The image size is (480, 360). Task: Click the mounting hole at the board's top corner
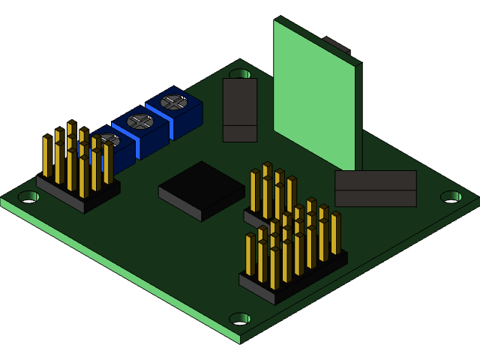[240, 74]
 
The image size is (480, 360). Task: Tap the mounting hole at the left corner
[28, 196]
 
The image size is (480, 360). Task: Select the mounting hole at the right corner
[451, 196]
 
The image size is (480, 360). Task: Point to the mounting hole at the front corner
[240, 319]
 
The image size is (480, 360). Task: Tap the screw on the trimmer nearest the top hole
[174, 101]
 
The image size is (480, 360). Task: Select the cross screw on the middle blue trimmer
[140, 121]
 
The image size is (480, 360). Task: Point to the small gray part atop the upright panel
[337, 44]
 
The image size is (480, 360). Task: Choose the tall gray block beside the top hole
[240, 109]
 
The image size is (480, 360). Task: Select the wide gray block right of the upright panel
[375, 188]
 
